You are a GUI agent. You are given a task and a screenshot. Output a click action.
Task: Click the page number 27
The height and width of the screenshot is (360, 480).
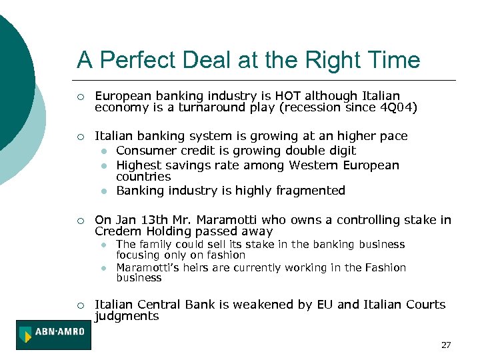click(x=446, y=345)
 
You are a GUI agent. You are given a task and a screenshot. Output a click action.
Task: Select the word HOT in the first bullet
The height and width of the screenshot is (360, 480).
click(x=275, y=96)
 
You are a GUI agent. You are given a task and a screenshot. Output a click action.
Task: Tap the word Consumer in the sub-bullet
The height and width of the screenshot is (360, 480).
click(x=144, y=151)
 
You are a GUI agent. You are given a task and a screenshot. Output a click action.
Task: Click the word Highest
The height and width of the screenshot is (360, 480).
click(x=138, y=165)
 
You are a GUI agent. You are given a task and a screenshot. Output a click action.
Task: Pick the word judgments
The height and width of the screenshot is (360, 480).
click(x=127, y=316)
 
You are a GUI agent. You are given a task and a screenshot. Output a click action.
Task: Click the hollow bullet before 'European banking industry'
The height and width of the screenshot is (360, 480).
click(x=80, y=97)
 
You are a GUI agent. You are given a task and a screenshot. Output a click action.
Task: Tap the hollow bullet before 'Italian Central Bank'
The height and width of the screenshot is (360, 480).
click(x=80, y=305)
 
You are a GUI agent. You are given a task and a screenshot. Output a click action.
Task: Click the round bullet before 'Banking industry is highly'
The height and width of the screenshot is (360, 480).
click(x=105, y=191)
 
